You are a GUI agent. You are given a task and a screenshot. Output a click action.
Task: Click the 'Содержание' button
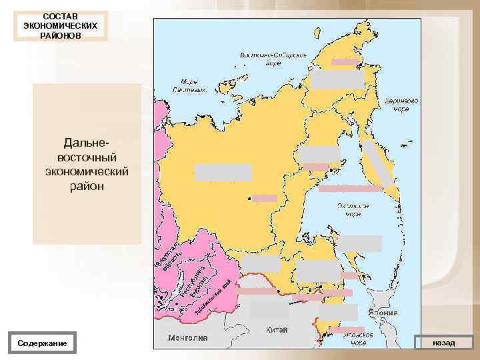[x=43, y=343]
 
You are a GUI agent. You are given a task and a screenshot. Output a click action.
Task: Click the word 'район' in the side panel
[x=87, y=187]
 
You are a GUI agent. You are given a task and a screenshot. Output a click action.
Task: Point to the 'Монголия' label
[x=187, y=337]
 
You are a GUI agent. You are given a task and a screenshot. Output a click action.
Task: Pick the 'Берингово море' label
[x=402, y=105]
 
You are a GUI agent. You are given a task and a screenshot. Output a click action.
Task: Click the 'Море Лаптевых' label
[x=190, y=85]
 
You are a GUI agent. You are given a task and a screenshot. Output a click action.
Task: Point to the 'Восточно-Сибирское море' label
[x=273, y=58]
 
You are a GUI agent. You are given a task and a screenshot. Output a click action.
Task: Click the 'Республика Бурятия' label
[x=197, y=280]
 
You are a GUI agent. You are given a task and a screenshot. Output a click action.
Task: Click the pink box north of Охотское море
[x=350, y=189]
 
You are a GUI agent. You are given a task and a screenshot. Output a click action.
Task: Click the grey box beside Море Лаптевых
[x=337, y=80]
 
